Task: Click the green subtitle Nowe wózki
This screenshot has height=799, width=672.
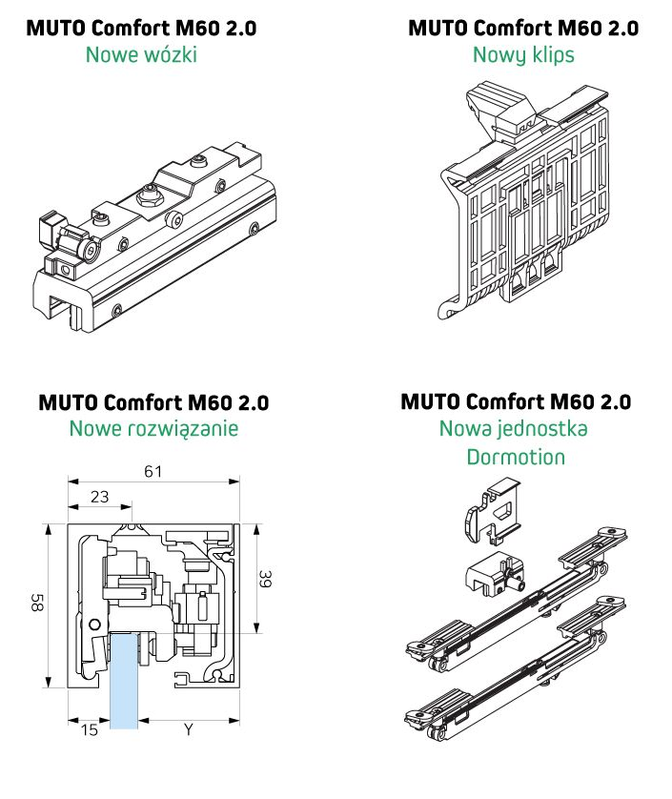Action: click(141, 54)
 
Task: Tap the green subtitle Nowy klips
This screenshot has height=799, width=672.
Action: click(523, 54)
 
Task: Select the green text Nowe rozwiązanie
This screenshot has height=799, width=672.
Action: click(153, 428)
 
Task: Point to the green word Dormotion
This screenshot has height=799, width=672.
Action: click(516, 457)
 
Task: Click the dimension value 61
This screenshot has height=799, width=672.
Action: click(153, 469)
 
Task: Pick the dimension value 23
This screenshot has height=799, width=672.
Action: click(99, 497)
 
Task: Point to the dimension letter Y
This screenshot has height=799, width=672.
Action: click(188, 731)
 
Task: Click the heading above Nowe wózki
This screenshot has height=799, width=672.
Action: click(141, 28)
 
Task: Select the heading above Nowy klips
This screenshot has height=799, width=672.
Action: click(523, 28)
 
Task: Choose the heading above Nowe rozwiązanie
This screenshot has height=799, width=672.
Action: click(153, 401)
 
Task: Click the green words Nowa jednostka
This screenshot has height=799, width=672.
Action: click(514, 428)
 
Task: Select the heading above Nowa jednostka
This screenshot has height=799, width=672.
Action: click(516, 401)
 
